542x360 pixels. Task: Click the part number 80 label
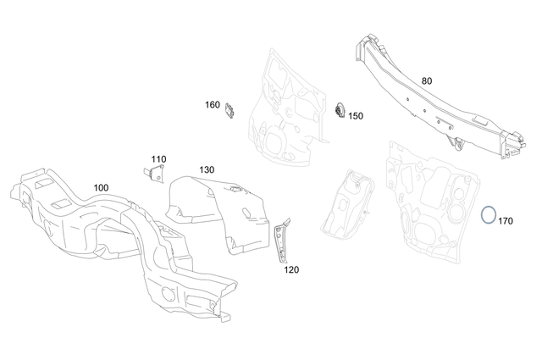(427, 81)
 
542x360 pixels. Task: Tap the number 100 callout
(101, 186)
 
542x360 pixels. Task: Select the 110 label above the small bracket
(159, 158)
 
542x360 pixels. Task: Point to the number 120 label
(291, 270)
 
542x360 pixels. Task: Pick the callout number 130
(207, 169)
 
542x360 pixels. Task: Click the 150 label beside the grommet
(356, 116)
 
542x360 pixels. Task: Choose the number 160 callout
(212, 105)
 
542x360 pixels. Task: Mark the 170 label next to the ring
(506, 221)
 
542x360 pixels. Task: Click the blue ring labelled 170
(489, 214)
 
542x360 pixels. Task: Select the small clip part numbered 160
(230, 110)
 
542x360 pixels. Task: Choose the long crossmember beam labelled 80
(423, 97)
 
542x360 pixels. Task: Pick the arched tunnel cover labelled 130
(220, 212)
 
